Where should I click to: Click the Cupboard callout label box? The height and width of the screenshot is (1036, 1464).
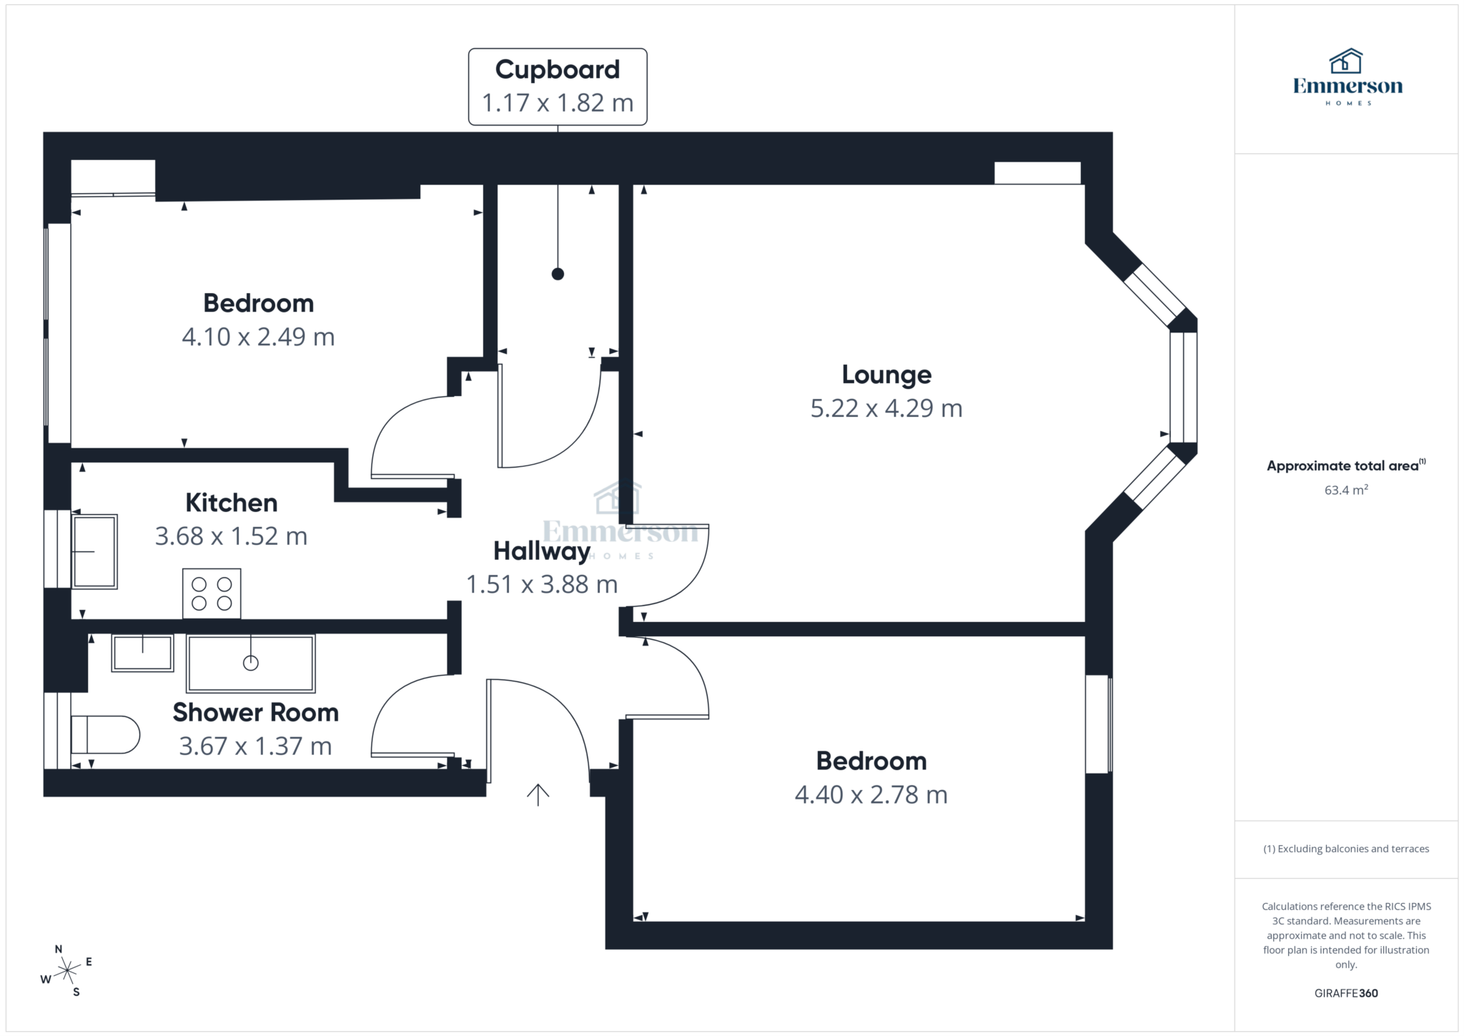pyautogui.click(x=558, y=87)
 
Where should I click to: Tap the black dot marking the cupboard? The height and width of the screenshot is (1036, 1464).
pyautogui.click(x=558, y=274)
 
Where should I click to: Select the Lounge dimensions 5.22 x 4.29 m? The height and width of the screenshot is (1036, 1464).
pyautogui.click(x=886, y=408)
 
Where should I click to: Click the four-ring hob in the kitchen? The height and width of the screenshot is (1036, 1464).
pyautogui.click(x=212, y=593)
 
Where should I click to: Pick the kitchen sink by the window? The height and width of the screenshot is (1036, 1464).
pyautogui.click(x=94, y=551)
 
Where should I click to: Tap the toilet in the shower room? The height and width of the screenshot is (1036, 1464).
pyautogui.click(x=105, y=734)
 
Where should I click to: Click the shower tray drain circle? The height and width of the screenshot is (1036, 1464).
pyautogui.click(x=250, y=663)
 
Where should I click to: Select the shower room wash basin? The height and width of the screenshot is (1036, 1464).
pyautogui.click(x=142, y=653)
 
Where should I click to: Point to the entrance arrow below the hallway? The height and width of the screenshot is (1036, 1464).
pyautogui.click(x=538, y=794)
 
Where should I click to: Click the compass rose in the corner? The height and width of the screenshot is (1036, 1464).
pyautogui.click(x=66, y=971)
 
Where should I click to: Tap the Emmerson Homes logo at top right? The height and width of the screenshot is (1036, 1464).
pyautogui.click(x=1347, y=77)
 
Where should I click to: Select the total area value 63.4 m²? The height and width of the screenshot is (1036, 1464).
pyautogui.click(x=1345, y=490)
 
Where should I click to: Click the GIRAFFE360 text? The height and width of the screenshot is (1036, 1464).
pyautogui.click(x=1345, y=993)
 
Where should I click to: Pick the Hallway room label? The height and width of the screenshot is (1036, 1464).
pyautogui.click(x=541, y=551)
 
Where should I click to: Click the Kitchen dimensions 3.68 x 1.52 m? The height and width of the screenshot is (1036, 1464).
pyautogui.click(x=231, y=536)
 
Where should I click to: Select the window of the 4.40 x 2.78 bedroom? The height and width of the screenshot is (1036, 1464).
pyautogui.click(x=1098, y=724)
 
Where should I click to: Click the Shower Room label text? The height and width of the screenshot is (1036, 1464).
pyautogui.click(x=255, y=713)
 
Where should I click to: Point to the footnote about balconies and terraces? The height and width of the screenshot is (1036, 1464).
pyautogui.click(x=1345, y=849)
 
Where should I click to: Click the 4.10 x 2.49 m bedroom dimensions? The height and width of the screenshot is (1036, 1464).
pyautogui.click(x=258, y=337)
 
